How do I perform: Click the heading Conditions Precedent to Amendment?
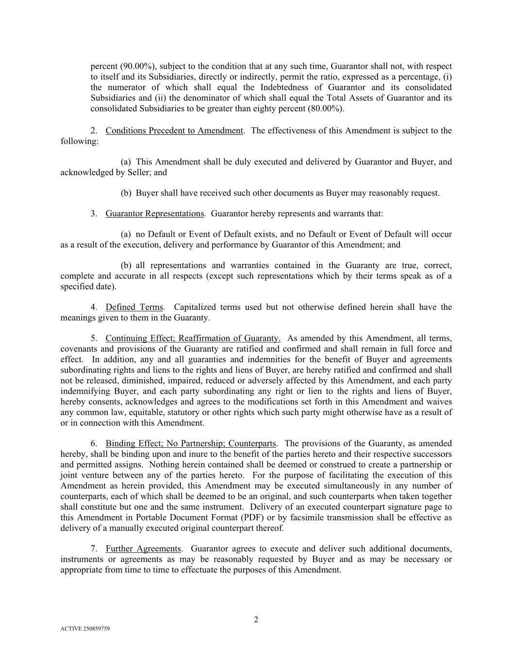click(174, 130)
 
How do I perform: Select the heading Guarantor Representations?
click(155, 213)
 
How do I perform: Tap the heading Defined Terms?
click(134, 307)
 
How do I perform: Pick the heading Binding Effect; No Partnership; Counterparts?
click(191, 443)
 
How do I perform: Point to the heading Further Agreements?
click(143, 549)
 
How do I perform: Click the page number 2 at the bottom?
click(256, 619)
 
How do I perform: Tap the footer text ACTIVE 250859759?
click(85, 629)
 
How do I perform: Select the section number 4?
click(94, 307)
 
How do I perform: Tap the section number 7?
click(94, 549)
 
